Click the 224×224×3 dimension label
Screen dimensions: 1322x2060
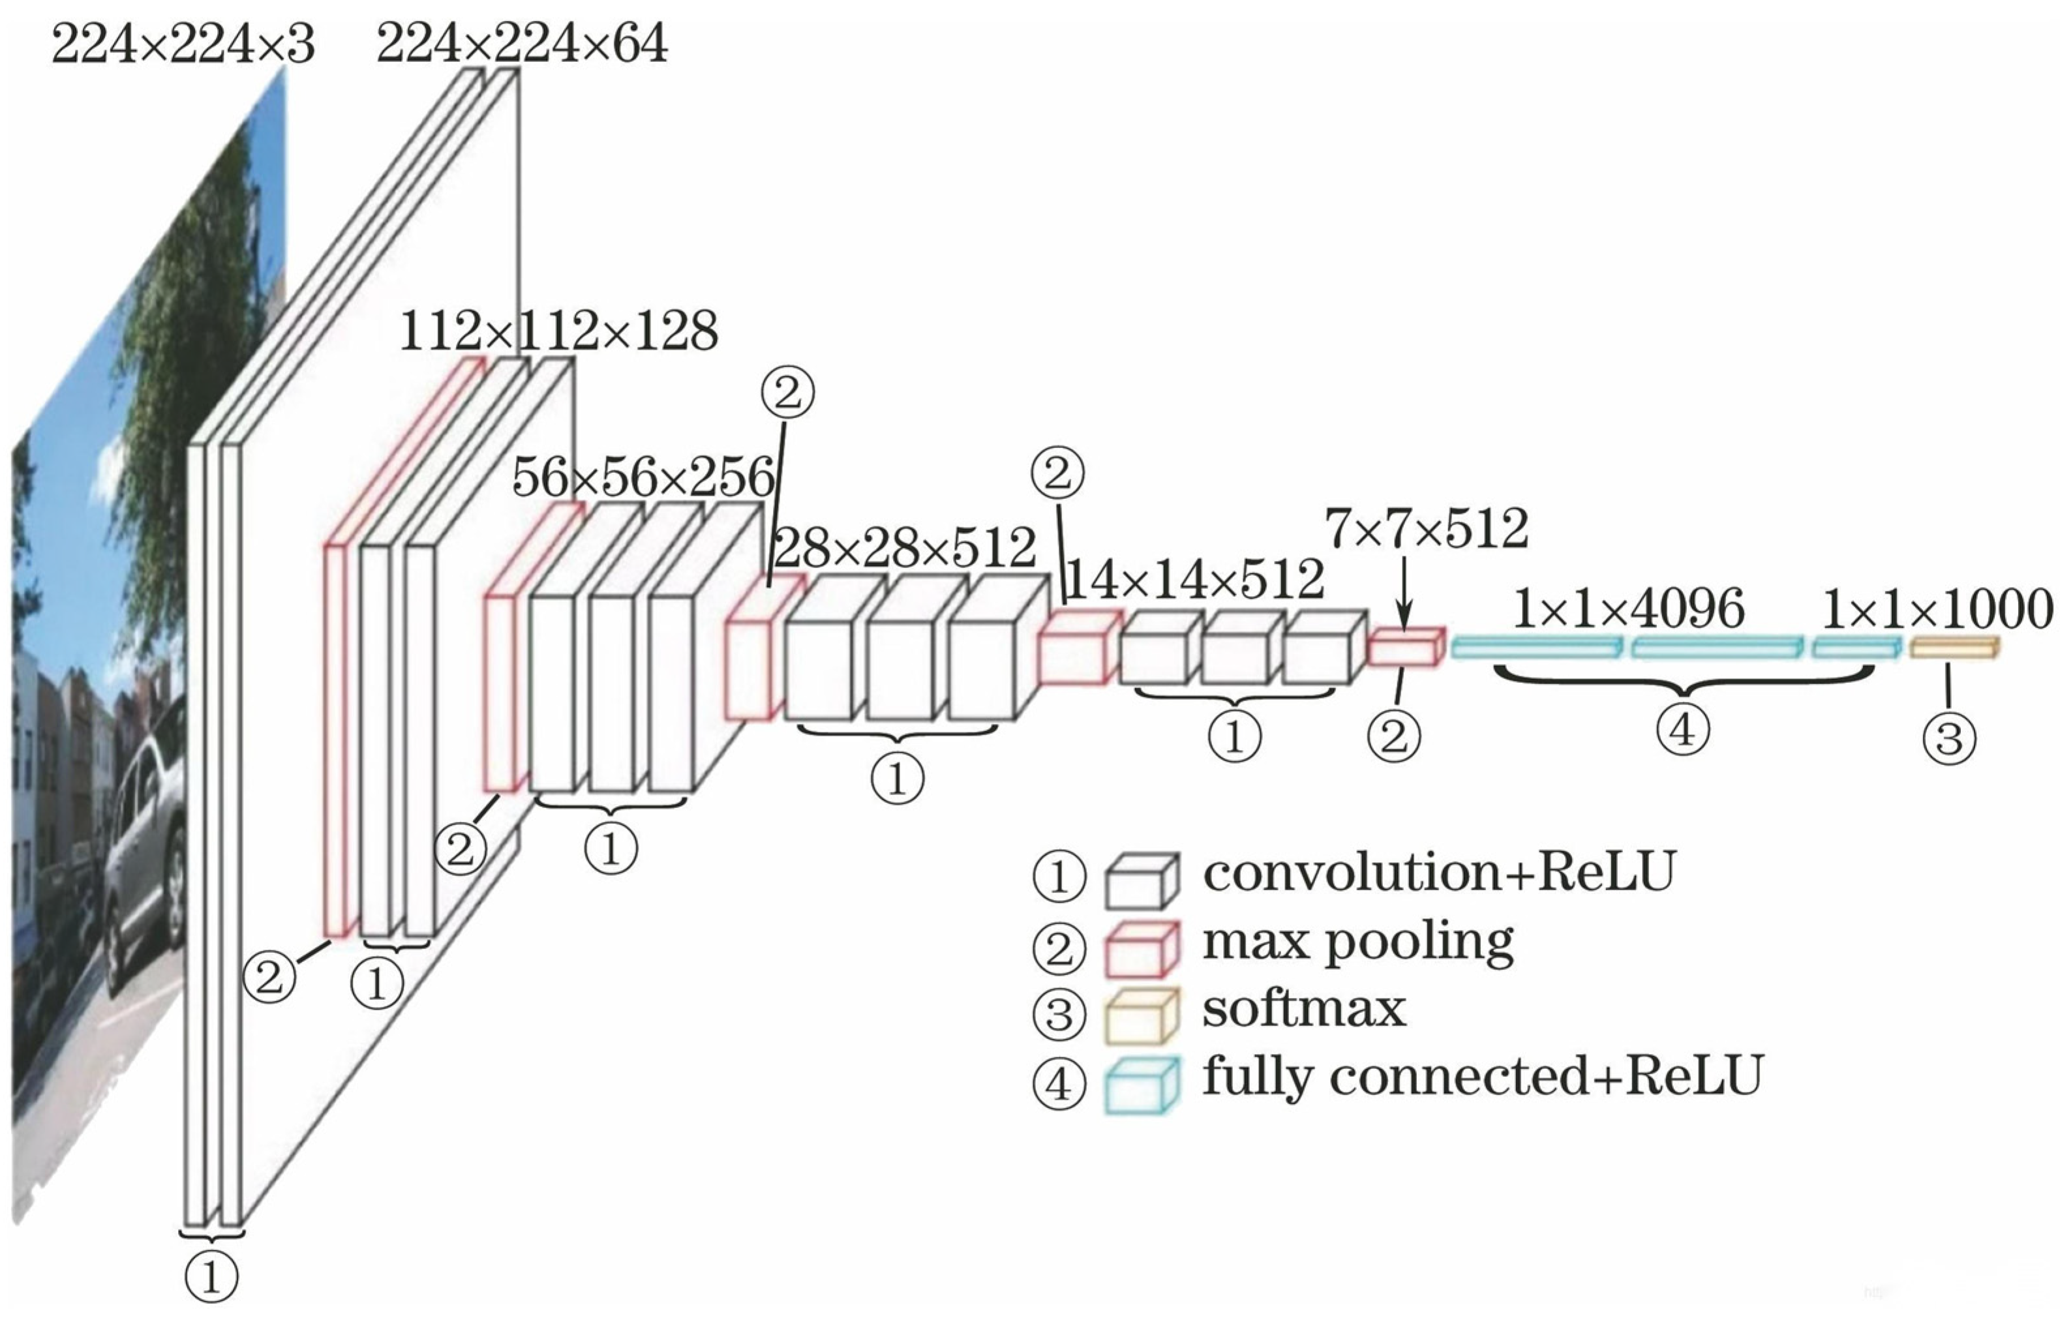[183, 44]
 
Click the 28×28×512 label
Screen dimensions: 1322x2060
[905, 548]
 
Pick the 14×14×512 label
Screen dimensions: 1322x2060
[1194, 580]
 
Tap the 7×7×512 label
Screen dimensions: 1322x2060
[1427, 529]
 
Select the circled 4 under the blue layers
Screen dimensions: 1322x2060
[1682, 730]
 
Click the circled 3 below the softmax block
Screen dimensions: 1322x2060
[1949, 738]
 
